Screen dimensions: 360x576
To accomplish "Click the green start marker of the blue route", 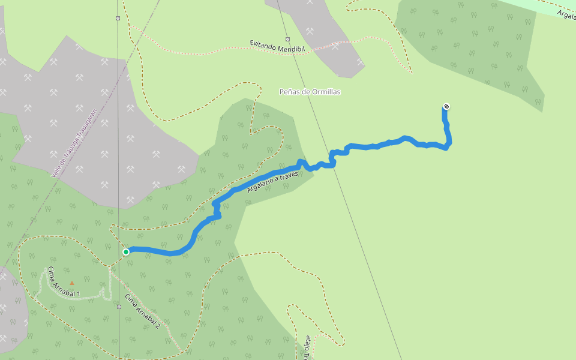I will coord(126,252).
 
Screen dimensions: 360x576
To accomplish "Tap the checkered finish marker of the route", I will coord(446,107).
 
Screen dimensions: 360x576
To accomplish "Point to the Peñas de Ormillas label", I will coord(310,92).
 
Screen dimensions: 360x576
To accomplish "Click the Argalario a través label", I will coord(272,181).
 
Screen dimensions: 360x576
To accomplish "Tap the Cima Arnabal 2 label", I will coord(143,311).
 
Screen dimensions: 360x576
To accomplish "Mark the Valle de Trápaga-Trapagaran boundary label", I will coord(74,144).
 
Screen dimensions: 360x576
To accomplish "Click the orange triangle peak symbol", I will coord(72,283).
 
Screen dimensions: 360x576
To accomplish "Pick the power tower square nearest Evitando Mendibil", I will coord(287,39).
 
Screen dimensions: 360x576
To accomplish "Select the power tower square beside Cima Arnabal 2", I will coord(119,307).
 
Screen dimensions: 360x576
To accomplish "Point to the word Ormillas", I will coord(325,92).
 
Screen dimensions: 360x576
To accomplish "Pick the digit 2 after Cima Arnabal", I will coord(158,325).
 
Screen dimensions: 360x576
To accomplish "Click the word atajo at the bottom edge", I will coord(307,341).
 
